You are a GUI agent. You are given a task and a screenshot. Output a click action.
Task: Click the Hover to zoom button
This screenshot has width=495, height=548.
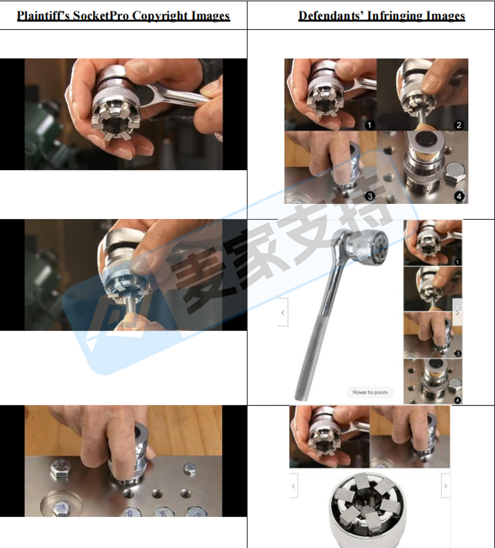pyautogui.click(x=370, y=392)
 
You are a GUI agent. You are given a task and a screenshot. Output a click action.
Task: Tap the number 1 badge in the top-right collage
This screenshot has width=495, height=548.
pyautogui.click(x=369, y=124)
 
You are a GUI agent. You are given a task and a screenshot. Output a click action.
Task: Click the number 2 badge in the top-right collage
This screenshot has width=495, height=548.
pyautogui.click(x=458, y=124)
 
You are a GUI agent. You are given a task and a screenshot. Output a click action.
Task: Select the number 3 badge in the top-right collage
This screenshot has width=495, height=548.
pyautogui.click(x=369, y=196)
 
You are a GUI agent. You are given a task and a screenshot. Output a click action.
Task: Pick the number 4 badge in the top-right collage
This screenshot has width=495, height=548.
pyautogui.click(x=459, y=196)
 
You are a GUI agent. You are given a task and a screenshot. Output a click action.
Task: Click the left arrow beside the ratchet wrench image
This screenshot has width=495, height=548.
pyautogui.click(x=283, y=313)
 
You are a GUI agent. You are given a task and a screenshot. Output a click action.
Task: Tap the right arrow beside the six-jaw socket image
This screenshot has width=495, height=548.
pyautogui.click(x=445, y=486)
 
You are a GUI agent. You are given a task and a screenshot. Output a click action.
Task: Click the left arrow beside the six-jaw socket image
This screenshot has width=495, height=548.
pyautogui.click(x=293, y=486)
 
